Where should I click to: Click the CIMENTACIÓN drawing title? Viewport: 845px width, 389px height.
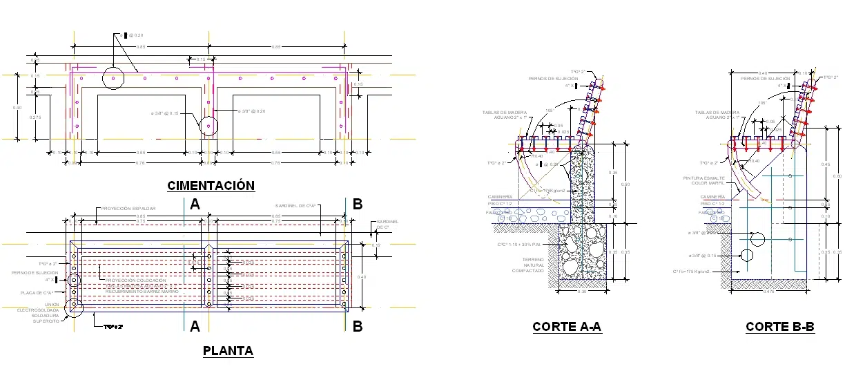[211, 185]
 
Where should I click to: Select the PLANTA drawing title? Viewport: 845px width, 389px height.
[228, 351]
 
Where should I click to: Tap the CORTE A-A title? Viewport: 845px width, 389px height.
[567, 327]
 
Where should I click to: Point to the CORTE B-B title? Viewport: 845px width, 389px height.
[780, 327]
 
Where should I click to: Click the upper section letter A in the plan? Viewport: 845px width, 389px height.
[195, 204]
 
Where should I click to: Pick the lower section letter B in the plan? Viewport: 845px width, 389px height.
[358, 326]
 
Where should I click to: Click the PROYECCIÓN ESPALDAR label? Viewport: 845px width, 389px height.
[128, 208]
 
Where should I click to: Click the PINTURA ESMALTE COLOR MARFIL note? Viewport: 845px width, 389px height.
[705, 180]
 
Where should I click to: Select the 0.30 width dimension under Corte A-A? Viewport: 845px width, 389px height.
[582, 291]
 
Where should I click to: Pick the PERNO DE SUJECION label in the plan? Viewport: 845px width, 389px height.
[35, 272]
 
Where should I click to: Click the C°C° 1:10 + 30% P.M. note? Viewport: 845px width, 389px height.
[523, 245]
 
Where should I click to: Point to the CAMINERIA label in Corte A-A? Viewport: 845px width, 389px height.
[501, 197]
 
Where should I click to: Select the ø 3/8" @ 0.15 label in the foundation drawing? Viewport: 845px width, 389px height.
[164, 113]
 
